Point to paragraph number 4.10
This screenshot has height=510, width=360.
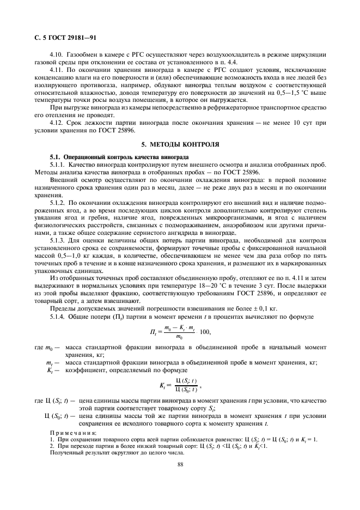click(x=57, y=54)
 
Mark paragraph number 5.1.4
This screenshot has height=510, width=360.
click(x=59, y=317)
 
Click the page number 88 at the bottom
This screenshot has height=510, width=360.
click(x=180, y=464)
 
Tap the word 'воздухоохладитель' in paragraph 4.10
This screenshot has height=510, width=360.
click(x=234, y=54)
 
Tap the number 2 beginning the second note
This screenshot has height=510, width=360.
click(x=52, y=445)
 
